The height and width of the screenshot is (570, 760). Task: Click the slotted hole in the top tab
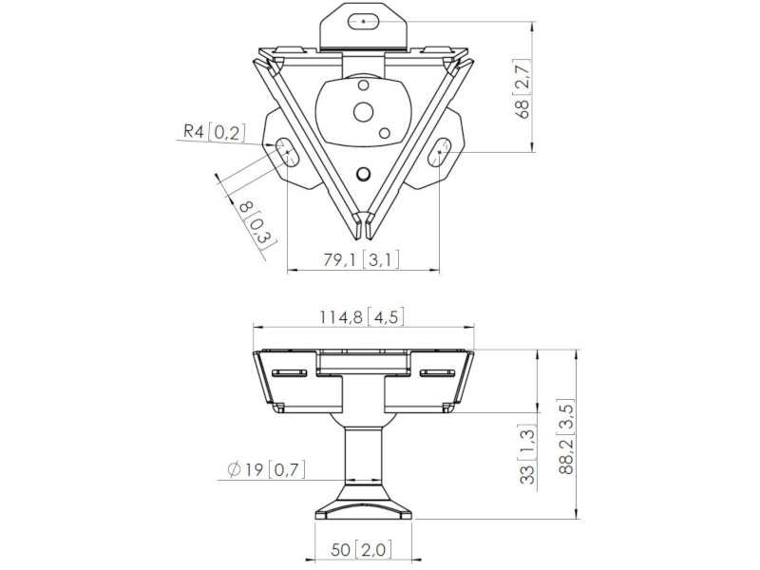pyautogui.click(x=364, y=21)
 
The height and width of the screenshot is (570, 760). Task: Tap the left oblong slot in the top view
pyautogui.click(x=288, y=152)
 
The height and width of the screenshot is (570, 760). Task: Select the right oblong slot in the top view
pyautogui.click(x=440, y=152)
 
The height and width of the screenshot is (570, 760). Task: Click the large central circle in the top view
pyautogui.click(x=363, y=112)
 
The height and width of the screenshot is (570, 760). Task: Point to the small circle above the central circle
pyautogui.click(x=363, y=85)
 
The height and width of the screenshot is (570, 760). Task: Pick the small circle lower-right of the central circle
pyautogui.click(x=385, y=133)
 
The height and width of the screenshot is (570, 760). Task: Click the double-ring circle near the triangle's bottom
pyautogui.click(x=363, y=173)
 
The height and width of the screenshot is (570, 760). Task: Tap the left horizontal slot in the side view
pyautogui.click(x=290, y=372)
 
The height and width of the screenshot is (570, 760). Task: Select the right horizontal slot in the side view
pyautogui.click(x=437, y=372)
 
